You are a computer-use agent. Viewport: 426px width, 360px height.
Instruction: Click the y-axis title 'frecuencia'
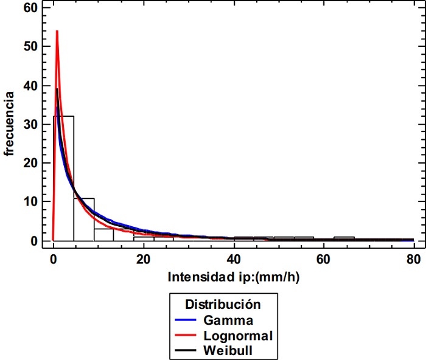pos(10,124)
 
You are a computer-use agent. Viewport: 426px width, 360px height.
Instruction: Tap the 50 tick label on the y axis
pos(30,46)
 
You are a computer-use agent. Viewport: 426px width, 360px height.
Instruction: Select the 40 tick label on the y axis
pos(30,85)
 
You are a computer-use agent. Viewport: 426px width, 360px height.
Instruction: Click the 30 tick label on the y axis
pos(30,124)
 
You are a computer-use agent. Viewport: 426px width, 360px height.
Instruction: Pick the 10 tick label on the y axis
pos(30,202)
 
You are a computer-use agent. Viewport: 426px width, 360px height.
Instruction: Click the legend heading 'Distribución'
pos(223,303)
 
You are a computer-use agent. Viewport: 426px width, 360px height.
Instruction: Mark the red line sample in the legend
pos(186,335)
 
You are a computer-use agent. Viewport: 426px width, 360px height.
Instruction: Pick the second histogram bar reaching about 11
pos(84,220)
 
